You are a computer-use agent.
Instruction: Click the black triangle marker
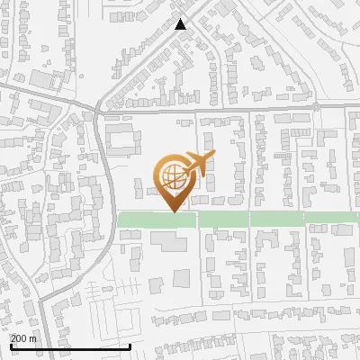[x=181, y=24]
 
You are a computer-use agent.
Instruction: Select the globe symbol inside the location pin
[x=173, y=175]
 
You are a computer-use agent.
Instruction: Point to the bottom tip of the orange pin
[x=174, y=211]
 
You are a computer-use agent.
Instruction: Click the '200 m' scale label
[x=24, y=337]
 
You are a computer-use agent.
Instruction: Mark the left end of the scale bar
[x=11, y=346]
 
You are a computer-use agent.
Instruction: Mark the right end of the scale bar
[x=130, y=346]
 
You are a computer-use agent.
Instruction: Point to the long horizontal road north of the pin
[x=225, y=111]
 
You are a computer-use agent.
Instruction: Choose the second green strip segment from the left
[x=222, y=220]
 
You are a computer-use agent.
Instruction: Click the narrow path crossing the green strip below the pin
[x=197, y=220]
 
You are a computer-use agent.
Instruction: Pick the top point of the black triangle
[x=181, y=19]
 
